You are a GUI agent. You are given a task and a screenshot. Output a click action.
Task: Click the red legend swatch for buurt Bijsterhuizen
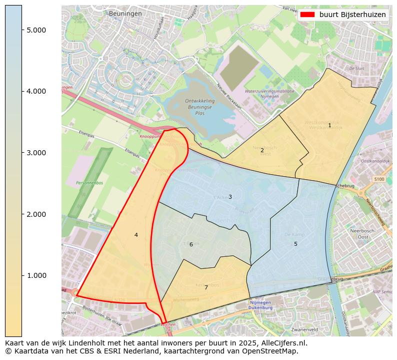point(307,15)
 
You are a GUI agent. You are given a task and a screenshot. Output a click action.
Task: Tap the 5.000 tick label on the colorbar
point(36,30)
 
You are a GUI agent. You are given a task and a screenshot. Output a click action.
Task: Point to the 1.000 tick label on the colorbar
point(36,275)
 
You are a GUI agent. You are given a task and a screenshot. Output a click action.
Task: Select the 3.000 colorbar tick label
point(36,153)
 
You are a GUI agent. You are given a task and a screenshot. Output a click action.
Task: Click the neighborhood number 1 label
point(329,125)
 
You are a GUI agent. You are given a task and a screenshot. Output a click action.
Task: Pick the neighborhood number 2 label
point(262,150)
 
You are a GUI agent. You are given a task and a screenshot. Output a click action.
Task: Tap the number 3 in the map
point(230,197)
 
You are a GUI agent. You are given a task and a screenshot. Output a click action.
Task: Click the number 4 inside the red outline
point(136,235)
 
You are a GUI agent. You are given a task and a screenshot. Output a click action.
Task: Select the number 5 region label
point(295,244)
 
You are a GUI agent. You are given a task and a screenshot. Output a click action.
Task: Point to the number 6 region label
point(191,244)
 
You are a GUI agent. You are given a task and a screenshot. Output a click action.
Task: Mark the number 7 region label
point(206,287)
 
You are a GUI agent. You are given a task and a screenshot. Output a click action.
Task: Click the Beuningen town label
point(125,14)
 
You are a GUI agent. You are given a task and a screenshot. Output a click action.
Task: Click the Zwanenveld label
point(304,330)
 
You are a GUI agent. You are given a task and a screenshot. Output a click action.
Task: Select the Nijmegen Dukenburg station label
point(262,306)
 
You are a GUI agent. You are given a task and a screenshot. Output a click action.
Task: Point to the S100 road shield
point(379,179)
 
